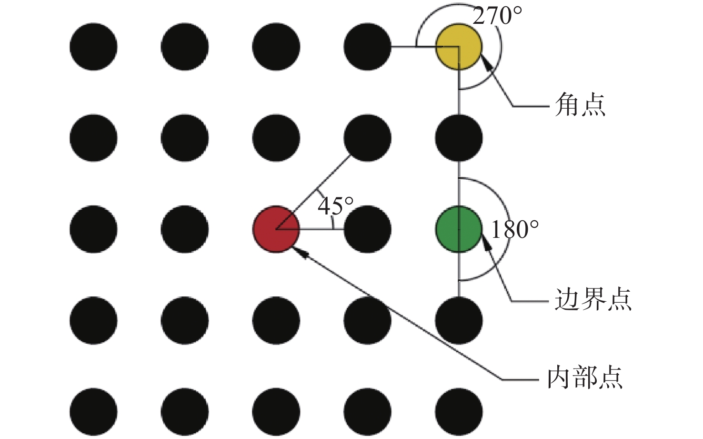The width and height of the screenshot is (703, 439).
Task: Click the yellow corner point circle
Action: (459, 47)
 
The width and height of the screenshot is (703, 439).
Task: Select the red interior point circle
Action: (276, 229)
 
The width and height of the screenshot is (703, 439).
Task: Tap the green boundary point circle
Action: (459, 229)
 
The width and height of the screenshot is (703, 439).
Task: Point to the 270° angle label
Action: (497, 16)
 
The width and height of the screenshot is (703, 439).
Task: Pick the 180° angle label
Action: (515, 230)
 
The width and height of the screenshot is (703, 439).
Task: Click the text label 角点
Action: (580, 105)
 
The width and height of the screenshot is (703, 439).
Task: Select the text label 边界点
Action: (593, 300)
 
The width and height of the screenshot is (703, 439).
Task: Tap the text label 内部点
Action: (585, 378)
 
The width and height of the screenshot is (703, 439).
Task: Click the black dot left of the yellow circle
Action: (367, 47)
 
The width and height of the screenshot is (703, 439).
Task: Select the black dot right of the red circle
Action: (367, 229)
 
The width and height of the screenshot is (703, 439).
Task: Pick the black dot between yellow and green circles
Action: (459, 138)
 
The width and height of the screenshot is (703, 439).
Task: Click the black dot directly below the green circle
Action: (459, 320)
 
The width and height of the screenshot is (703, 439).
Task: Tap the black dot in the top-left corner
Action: (93, 47)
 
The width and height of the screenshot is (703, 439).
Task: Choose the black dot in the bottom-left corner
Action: (93, 412)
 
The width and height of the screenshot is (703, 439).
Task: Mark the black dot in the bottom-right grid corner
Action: (459, 412)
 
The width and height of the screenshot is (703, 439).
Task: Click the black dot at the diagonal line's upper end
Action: (367, 138)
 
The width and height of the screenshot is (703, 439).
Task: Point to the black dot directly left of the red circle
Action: (185, 229)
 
